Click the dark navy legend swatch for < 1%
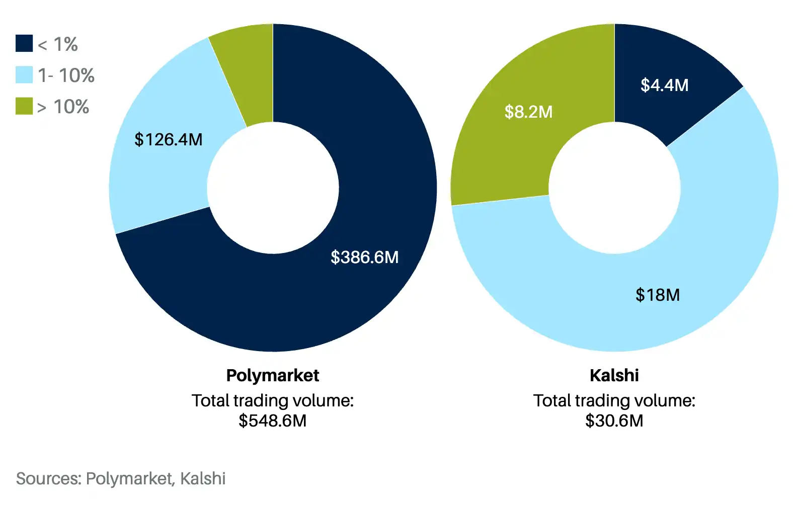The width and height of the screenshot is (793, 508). (x=24, y=43)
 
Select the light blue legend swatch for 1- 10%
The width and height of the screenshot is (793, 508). (x=24, y=75)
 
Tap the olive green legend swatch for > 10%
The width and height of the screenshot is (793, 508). (x=24, y=106)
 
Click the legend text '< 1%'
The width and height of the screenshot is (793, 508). (x=58, y=44)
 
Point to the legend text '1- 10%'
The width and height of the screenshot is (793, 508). (x=66, y=75)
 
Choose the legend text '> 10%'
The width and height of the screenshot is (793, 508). (x=63, y=107)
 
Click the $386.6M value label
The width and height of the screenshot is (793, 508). (x=364, y=257)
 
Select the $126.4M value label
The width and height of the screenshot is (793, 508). (x=168, y=139)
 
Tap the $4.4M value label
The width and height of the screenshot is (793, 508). (x=664, y=85)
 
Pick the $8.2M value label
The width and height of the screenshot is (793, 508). (x=528, y=112)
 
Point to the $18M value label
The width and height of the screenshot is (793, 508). (x=657, y=295)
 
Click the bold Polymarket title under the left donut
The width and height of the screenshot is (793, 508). (x=273, y=375)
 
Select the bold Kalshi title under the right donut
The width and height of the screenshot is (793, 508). (x=614, y=375)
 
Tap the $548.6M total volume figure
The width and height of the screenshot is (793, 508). (x=273, y=420)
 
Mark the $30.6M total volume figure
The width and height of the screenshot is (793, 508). (x=614, y=420)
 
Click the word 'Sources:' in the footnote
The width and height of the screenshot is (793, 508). (x=48, y=478)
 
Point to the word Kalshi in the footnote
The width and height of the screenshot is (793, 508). (x=203, y=478)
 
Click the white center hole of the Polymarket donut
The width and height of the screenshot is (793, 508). (x=273, y=188)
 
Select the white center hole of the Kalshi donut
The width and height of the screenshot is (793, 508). (x=614, y=188)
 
